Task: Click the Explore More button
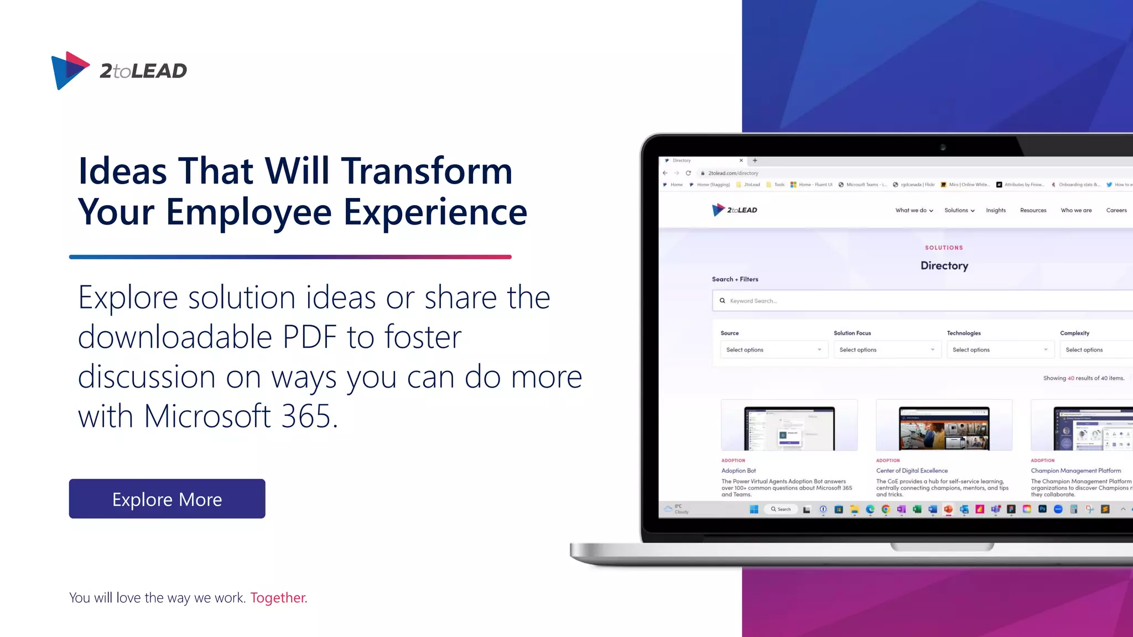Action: (x=167, y=499)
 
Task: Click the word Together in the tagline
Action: (x=278, y=598)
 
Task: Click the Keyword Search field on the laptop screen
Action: (x=918, y=301)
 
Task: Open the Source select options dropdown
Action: (x=773, y=349)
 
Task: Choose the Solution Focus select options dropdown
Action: (x=887, y=349)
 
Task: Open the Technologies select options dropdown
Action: (x=1000, y=349)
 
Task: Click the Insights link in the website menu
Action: (x=996, y=210)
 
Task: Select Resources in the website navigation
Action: (x=1033, y=210)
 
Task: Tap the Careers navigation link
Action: (x=1116, y=210)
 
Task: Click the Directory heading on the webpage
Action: (x=944, y=265)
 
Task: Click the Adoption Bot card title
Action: (x=739, y=471)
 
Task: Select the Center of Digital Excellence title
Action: (x=912, y=471)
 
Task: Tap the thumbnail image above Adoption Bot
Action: (x=789, y=425)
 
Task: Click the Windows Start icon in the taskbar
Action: (x=753, y=509)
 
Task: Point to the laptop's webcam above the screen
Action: (x=943, y=147)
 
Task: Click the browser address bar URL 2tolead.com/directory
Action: (x=733, y=173)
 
